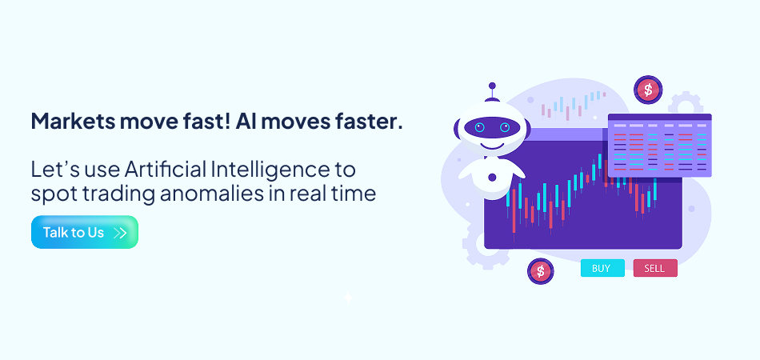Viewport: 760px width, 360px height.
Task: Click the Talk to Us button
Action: point(85,232)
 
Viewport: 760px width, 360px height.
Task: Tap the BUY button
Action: point(602,269)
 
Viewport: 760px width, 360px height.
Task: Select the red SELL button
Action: point(655,269)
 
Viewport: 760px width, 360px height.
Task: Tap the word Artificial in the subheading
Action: point(166,170)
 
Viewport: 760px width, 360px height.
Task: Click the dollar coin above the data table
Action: point(647,90)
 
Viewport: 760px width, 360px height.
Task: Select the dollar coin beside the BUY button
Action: point(541,271)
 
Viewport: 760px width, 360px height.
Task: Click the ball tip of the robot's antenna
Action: point(492,86)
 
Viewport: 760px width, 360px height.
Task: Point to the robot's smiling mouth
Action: point(492,145)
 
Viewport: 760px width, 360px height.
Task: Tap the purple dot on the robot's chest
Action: point(492,178)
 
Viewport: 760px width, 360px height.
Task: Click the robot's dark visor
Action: point(492,127)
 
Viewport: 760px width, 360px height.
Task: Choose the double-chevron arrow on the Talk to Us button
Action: point(120,233)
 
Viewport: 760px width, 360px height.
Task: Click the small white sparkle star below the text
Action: point(347,298)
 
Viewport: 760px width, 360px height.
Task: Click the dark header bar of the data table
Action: point(659,117)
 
